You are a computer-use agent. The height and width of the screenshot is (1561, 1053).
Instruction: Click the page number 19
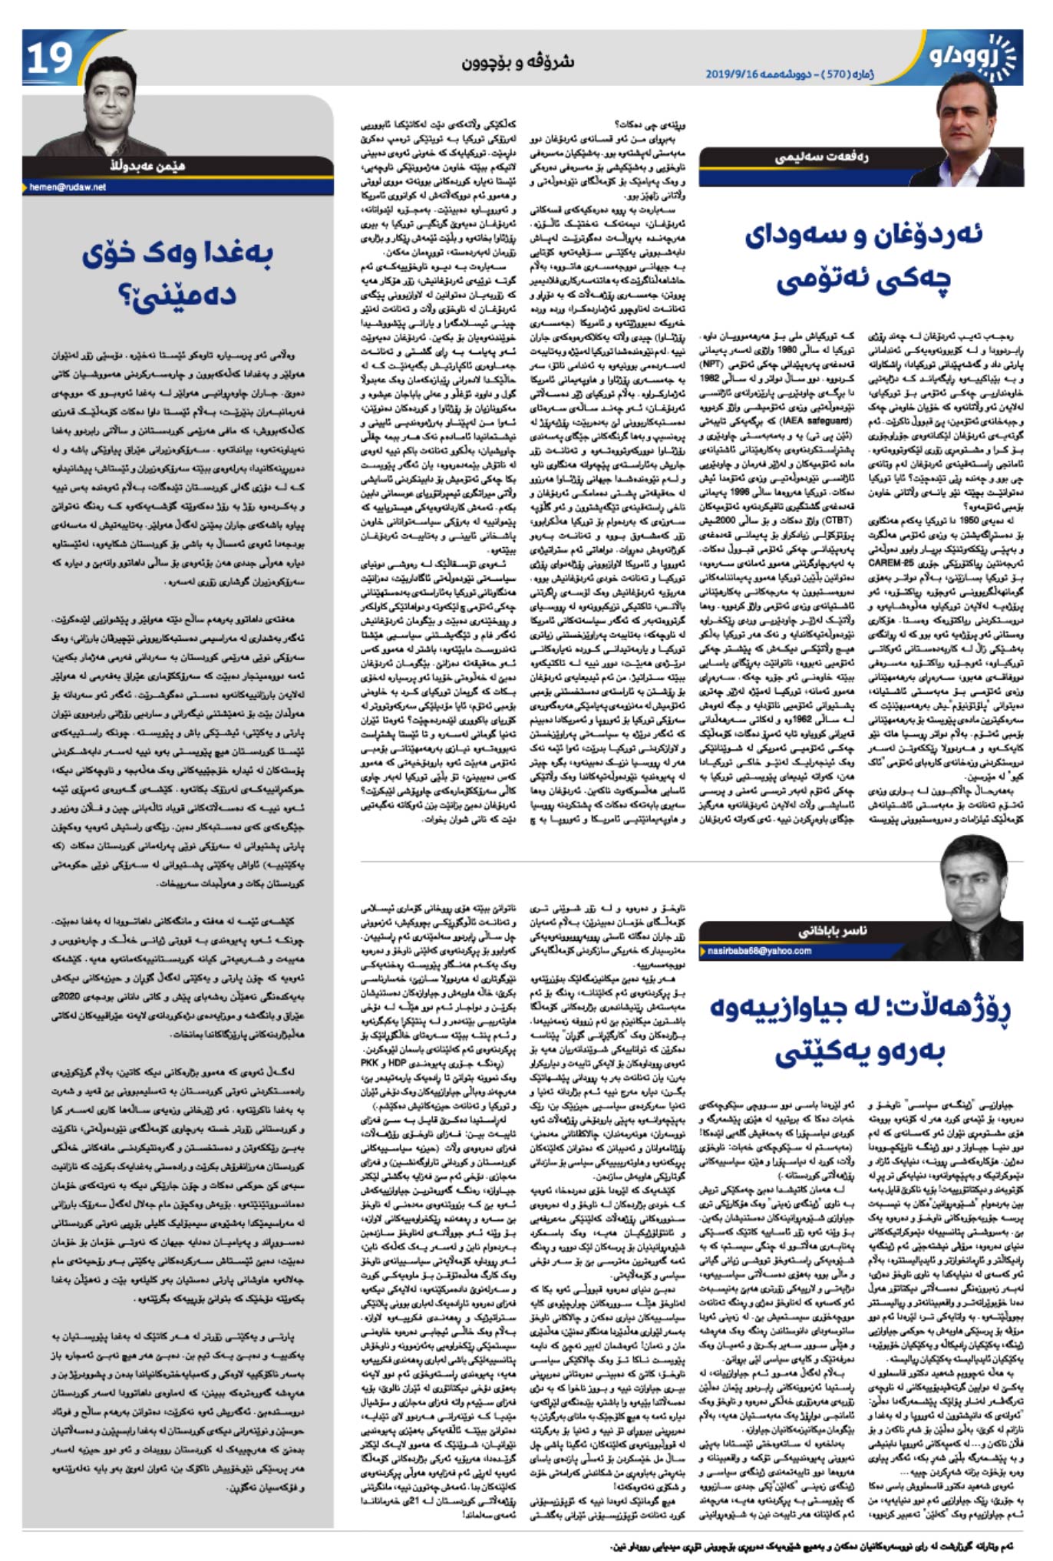(49, 58)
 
